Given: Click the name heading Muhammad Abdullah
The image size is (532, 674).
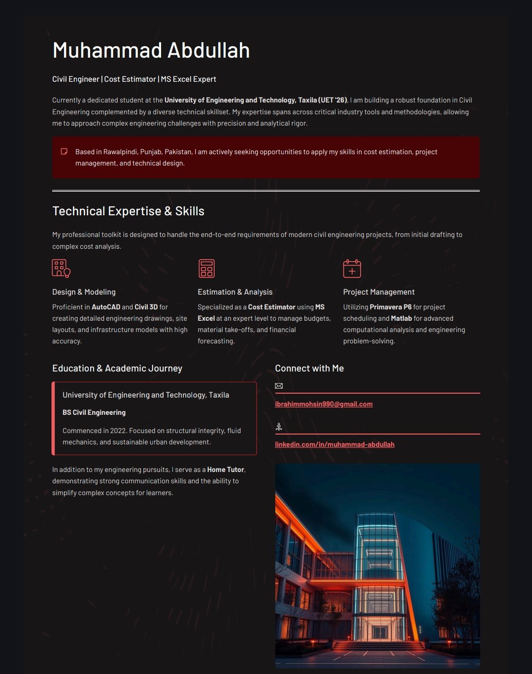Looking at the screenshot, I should pyautogui.click(x=151, y=51).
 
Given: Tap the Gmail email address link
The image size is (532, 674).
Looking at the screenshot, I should pyautogui.click(x=324, y=404).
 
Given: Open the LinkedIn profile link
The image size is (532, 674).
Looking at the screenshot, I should pyautogui.click(x=334, y=444).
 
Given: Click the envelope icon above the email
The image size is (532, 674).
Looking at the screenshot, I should pyautogui.click(x=279, y=386).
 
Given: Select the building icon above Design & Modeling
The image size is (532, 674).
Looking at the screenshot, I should pyautogui.click(x=61, y=269).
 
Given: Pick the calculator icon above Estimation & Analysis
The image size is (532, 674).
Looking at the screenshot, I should pyautogui.click(x=206, y=269).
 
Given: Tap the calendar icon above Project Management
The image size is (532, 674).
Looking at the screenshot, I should pyautogui.click(x=352, y=269).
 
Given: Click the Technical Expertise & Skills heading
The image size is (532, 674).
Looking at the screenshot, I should pyautogui.click(x=128, y=211).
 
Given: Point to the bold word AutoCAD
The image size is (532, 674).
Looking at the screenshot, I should pyautogui.click(x=106, y=307).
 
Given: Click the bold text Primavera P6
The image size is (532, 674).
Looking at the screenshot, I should pyautogui.click(x=391, y=307).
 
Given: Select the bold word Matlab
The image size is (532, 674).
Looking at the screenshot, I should pyautogui.click(x=401, y=318).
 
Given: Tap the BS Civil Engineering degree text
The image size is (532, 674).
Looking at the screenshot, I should pyautogui.click(x=94, y=412).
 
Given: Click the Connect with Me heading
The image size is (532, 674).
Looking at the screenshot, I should pyautogui.click(x=309, y=368).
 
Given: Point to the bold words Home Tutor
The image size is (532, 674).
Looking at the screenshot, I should pyautogui.click(x=226, y=470).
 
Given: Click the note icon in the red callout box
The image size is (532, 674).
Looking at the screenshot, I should pyautogui.click(x=64, y=151).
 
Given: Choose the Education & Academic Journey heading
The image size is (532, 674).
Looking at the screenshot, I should pyautogui.click(x=117, y=368).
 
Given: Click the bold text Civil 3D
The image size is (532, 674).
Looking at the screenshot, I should pyautogui.click(x=146, y=307).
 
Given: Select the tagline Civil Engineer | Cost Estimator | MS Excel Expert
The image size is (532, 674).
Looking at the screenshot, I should pyautogui.click(x=134, y=79).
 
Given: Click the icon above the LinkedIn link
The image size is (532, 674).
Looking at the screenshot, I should pyautogui.click(x=279, y=427).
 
